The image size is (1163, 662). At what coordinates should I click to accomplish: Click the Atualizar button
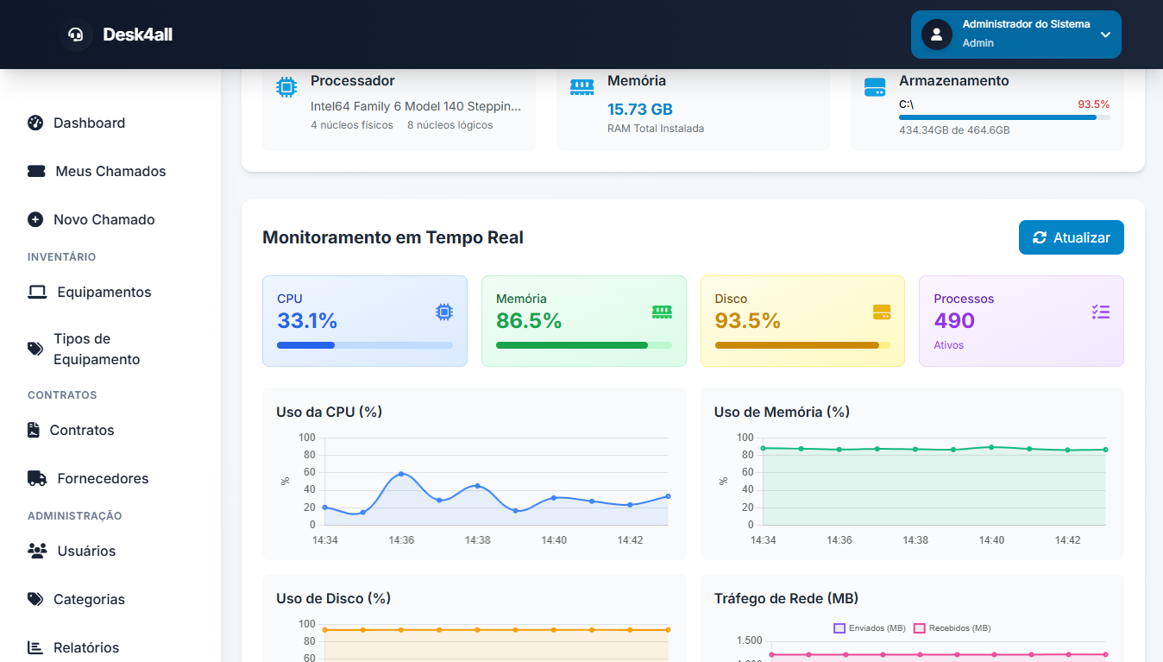coord(1071,237)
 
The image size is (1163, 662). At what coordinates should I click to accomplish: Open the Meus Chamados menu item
coord(110,171)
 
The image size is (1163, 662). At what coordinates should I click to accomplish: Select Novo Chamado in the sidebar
coord(104,219)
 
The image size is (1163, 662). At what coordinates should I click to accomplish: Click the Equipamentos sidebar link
coord(104,292)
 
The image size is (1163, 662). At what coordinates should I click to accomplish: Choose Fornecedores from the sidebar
coord(102,478)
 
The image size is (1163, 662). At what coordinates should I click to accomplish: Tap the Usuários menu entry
coord(85,551)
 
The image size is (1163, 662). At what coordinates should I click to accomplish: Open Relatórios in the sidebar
coord(85,647)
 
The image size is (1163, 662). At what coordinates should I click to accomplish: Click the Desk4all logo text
coord(137,35)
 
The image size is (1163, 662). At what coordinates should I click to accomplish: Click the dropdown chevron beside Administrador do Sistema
coord(1105,35)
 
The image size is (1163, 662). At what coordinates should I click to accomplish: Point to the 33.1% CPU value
coord(307,321)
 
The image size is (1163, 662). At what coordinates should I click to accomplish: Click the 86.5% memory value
coord(528,321)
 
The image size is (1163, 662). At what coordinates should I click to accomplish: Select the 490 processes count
coord(954,321)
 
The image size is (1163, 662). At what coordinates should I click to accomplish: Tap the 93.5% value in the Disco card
coord(747,321)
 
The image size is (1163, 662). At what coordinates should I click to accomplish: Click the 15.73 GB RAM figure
coord(639,110)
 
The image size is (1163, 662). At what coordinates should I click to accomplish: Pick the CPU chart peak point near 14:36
coord(401,474)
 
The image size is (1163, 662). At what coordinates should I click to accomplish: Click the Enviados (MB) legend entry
coord(870,628)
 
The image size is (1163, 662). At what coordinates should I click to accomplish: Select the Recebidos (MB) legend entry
coord(952,628)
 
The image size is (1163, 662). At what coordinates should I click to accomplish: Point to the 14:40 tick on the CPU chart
coord(554,540)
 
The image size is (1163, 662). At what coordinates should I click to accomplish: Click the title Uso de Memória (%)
coord(782,413)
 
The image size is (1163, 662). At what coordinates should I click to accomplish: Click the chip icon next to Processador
coord(286,87)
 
